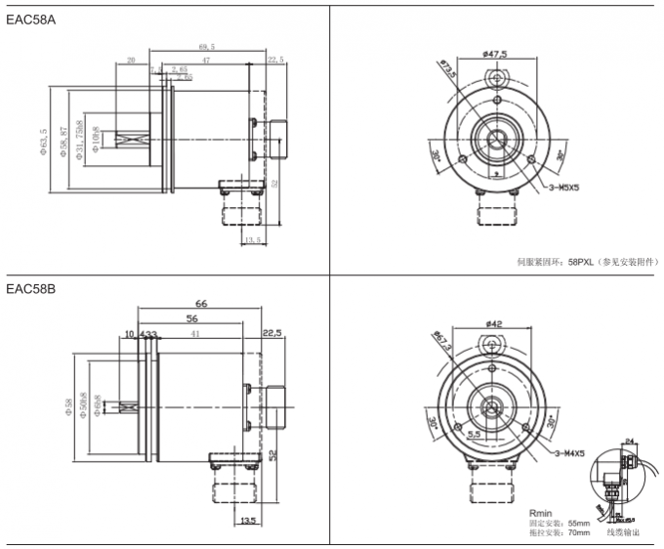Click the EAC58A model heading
(29, 21)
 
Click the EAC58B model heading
(29, 289)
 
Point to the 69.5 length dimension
(206, 46)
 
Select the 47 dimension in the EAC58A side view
(206, 61)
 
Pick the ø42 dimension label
(493, 323)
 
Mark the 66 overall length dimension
(202, 304)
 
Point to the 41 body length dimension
(196, 334)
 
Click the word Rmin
(540, 512)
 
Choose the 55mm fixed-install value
(577, 523)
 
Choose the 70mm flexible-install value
(577, 533)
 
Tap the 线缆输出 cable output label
(626, 533)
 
